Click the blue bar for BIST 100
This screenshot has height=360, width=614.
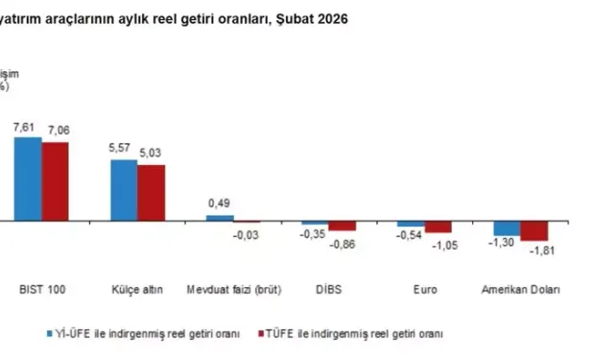[x=28, y=179]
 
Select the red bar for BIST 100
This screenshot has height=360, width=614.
[x=55, y=181]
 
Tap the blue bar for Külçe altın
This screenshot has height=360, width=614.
[x=124, y=190]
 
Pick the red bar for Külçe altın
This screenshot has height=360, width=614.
[x=151, y=193]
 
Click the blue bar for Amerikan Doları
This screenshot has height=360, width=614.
[x=507, y=228]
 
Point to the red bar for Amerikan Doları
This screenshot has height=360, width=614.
[x=534, y=231]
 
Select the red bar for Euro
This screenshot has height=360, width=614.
[x=438, y=228]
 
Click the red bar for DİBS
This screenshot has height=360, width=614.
[x=342, y=227]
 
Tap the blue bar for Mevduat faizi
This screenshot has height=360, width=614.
[x=220, y=218]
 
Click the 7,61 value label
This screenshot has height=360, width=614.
[x=26, y=127]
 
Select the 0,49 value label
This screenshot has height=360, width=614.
[x=220, y=203]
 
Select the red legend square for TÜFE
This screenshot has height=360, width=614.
[x=259, y=334]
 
